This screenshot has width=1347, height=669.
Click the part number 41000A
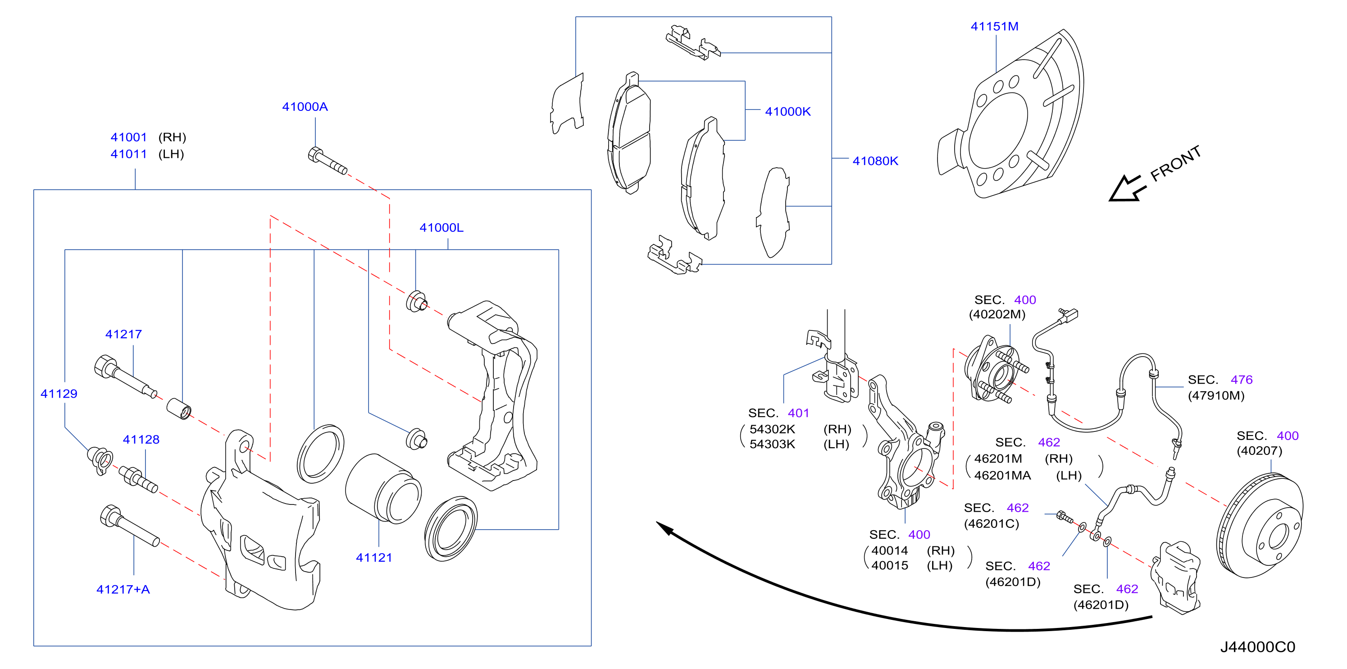pos(305,107)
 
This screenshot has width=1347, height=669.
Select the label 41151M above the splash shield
pos(994,26)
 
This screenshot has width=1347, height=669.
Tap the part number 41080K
pos(875,160)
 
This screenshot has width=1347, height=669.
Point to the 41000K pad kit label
pos(787,111)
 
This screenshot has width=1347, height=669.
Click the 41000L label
pos(441,228)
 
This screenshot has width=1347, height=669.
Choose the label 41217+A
pos(123,590)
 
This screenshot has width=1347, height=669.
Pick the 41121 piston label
pos(374,558)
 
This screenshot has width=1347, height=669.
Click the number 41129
pos(59,394)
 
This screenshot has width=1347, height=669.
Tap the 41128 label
pos(141,440)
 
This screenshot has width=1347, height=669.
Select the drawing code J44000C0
pos(1258,647)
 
